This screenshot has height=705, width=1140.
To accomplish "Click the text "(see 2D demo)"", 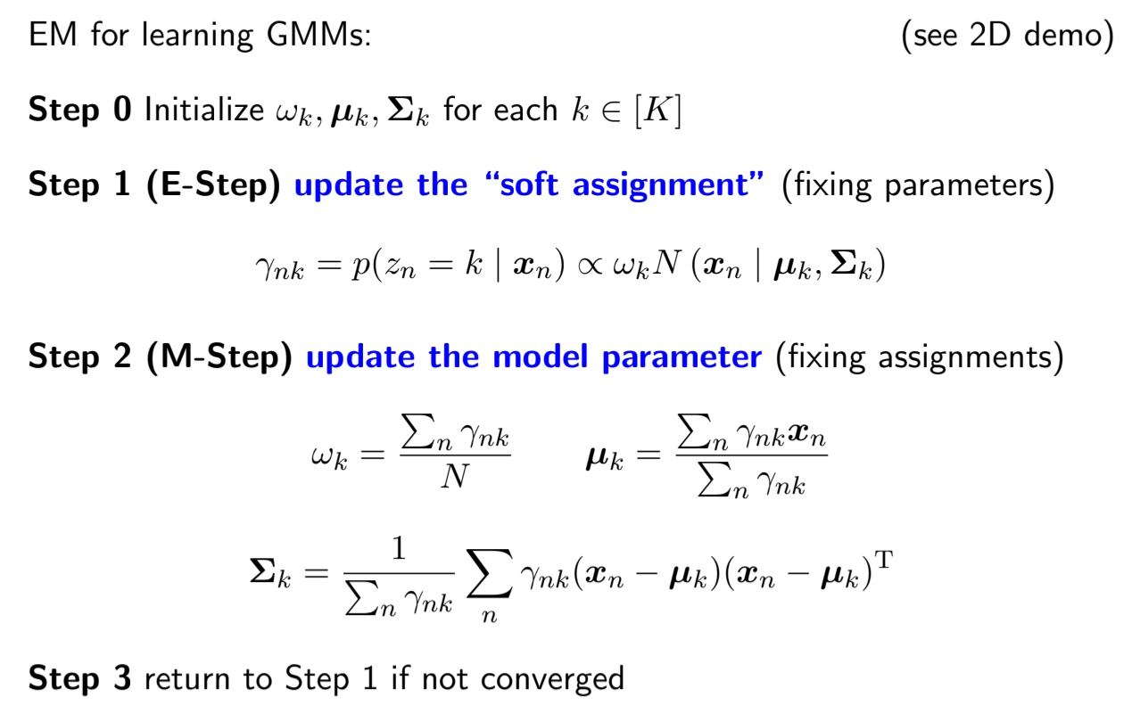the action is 1007,37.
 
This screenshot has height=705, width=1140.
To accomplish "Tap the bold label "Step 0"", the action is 80,111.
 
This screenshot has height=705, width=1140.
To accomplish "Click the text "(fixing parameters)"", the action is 918,185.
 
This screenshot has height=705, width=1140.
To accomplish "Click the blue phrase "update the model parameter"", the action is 533,357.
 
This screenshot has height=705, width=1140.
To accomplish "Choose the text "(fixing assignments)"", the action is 919,357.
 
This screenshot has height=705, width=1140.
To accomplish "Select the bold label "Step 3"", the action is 80,678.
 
